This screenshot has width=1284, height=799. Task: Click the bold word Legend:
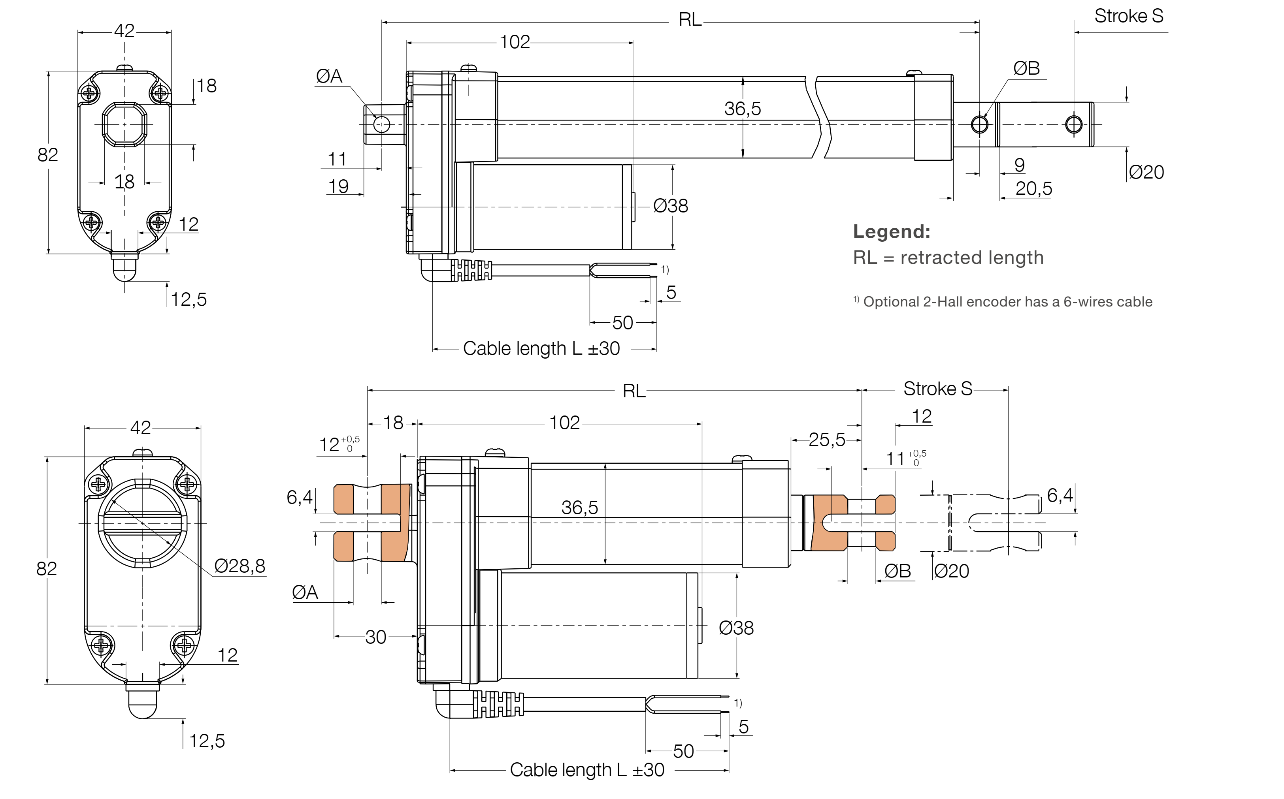891,231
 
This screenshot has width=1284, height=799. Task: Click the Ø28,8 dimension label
239,566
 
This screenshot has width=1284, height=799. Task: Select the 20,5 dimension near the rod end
1033,189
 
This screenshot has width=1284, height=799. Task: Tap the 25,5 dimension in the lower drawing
827,440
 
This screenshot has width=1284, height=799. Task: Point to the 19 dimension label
338,186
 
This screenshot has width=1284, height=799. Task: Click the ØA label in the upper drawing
329,76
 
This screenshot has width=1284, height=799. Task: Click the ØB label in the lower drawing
897,571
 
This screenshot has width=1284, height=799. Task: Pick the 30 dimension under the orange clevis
375,637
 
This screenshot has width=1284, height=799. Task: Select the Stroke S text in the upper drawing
1129,16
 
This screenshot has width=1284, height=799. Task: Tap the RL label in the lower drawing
634,391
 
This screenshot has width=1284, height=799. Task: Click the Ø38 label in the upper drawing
670,205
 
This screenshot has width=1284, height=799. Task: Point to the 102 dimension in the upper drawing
514,42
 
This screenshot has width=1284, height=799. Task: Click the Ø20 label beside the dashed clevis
952,571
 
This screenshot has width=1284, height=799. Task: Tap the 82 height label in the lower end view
47,569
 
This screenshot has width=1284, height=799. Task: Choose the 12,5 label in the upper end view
189,300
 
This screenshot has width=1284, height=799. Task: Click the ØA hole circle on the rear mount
381,125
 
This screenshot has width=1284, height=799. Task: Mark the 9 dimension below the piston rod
1020,165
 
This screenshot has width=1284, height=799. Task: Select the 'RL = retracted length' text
948,258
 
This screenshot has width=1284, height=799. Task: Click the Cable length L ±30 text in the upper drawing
541,349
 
